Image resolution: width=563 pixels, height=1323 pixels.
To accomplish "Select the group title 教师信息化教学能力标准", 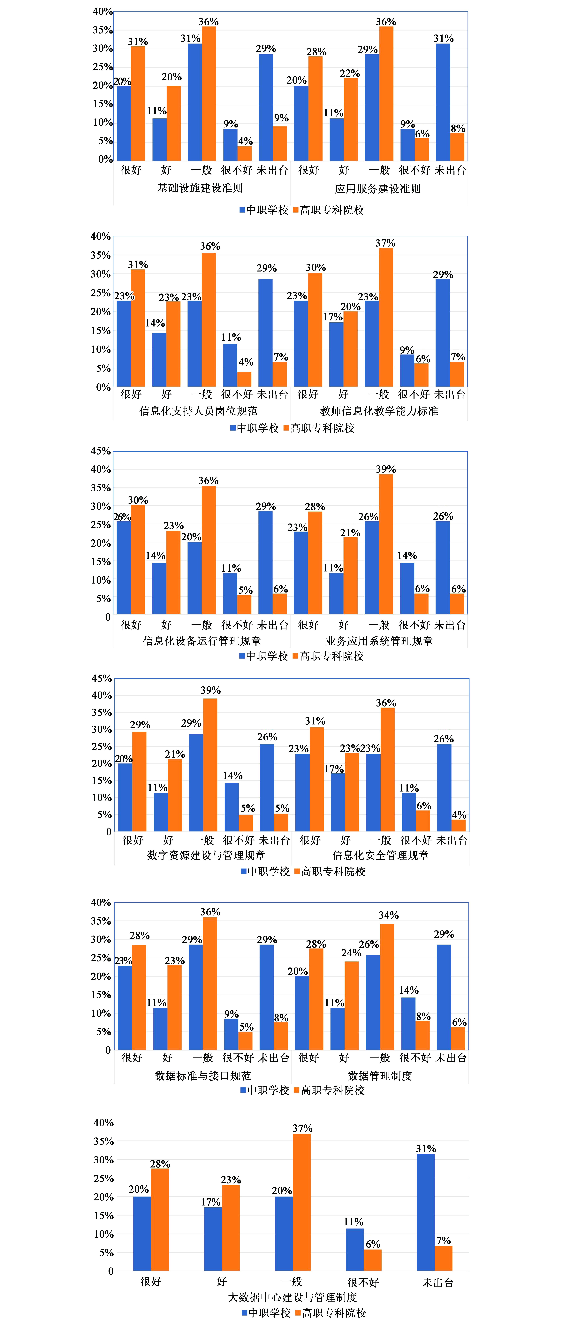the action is tap(379, 411).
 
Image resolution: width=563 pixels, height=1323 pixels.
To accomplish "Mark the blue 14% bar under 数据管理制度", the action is tap(408, 1024).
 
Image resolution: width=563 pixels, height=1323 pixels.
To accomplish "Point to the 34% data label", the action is tap(388, 915).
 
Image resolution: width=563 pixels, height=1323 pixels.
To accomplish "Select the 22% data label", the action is tap(350, 73).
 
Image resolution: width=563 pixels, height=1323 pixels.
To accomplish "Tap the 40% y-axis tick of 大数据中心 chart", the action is tap(103, 1123).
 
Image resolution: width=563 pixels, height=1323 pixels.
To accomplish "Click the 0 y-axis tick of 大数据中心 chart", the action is tap(110, 1272).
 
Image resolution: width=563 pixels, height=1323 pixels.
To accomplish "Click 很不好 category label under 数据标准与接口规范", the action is tap(238, 1058).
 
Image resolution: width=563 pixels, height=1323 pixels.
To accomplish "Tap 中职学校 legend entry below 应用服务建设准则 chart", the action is tap(264, 210).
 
